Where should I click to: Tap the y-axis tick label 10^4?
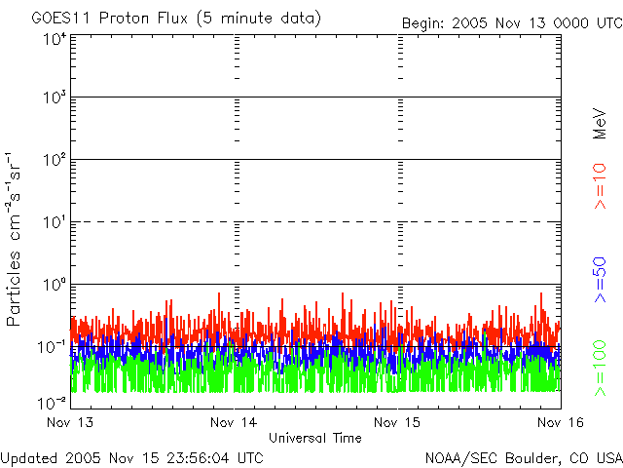pos(55,39)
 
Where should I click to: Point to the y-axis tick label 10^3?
pos(55,98)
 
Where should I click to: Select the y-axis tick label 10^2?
pos(55,160)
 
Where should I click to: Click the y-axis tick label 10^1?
pos(55,222)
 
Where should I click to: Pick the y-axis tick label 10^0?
pos(55,285)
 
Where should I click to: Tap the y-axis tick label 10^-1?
pos(53,347)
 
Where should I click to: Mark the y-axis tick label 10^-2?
pos(53,402)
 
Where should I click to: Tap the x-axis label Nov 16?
pos(561,422)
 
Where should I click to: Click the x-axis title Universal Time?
pos(314,438)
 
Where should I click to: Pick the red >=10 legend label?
pos(600,185)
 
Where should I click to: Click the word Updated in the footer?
pos(27,457)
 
